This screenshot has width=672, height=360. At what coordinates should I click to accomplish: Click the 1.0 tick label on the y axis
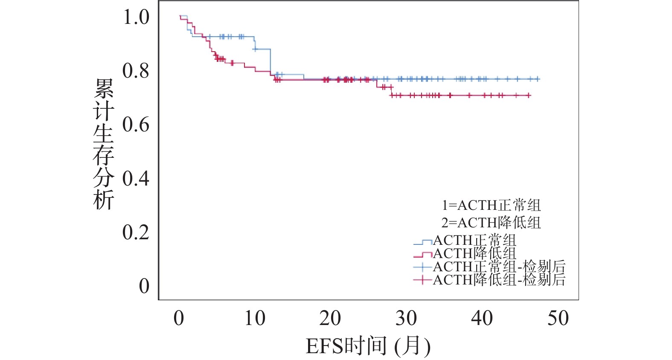tap(136, 17)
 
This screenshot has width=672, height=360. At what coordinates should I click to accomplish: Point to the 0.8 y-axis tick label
tap(136, 71)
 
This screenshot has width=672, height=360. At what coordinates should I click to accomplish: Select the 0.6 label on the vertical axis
tap(136, 125)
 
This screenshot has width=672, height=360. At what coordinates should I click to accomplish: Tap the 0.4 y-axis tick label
tap(136, 179)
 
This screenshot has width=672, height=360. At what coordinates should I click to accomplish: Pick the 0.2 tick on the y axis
tap(136, 232)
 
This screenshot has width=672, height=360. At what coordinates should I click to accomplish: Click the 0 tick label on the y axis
tap(144, 286)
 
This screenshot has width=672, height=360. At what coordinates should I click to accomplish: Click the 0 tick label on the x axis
tap(179, 319)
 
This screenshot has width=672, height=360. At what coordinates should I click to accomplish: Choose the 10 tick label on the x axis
tap(255, 319)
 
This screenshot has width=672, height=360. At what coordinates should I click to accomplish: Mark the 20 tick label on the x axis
tap(330, 319)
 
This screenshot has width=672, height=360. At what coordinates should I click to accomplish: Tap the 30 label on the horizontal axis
tap(406, 319)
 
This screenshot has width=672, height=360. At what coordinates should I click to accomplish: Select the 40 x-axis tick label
tap(482, 319)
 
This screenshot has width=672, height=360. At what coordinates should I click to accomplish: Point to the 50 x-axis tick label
tap(558, 319)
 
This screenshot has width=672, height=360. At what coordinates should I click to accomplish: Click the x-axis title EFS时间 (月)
tap(368, 345)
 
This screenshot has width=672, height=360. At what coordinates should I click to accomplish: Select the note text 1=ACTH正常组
tap(491, 205)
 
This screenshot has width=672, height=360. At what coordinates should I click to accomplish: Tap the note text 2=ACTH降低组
tap(491, 222)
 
